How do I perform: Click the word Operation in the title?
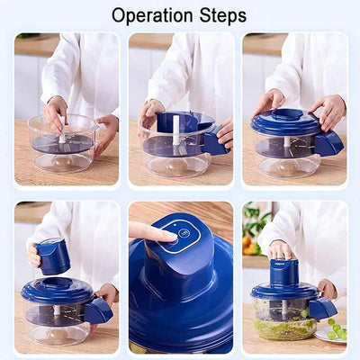tap(152, 15)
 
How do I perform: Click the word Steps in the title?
tap(220, 15)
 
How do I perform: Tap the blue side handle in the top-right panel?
tap(328, 141)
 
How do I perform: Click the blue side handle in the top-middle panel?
tap(215, 142)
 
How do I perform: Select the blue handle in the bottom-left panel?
tap(98, 310)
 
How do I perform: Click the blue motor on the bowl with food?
tap(283, 270)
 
